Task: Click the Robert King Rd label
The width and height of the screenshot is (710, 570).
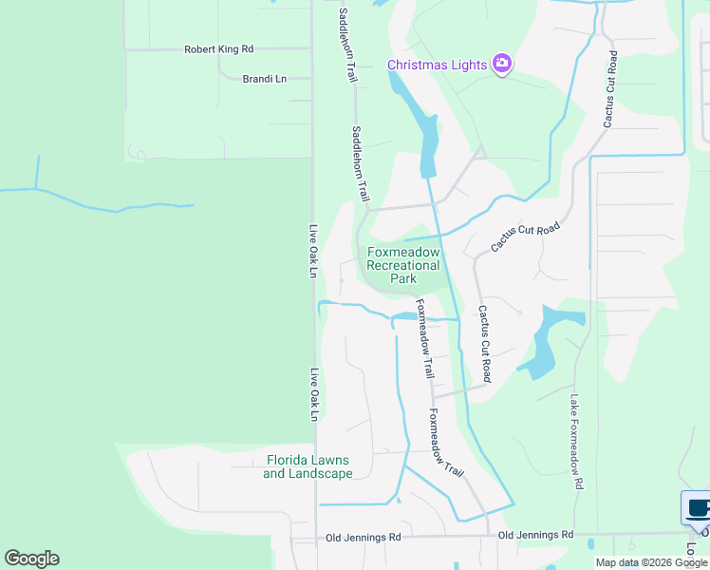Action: [x=219, y=48]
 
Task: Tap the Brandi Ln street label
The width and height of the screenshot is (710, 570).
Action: [x=265, y=79]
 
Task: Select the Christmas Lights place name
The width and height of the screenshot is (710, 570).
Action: [x=438, y=65]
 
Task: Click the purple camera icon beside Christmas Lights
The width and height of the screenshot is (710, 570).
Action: [x=502, y=65]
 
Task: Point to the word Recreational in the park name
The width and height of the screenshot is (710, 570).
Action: [x=403, y=266]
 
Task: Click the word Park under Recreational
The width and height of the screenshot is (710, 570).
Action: [x=403, y=279]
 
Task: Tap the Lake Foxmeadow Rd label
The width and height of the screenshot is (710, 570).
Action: [x=576, y=442]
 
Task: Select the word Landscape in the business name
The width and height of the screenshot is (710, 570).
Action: [x=320, y=473]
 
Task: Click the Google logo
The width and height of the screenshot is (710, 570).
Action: [x=31, y=559]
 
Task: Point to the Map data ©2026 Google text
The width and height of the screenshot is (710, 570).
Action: [x=651, y=562]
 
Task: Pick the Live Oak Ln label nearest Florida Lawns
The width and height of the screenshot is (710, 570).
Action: [x=312, y=394]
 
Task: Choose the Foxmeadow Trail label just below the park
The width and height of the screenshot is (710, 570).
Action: [x=423, y=339]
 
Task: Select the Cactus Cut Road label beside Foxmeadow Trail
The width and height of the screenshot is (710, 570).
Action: [x=485, y=337]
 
